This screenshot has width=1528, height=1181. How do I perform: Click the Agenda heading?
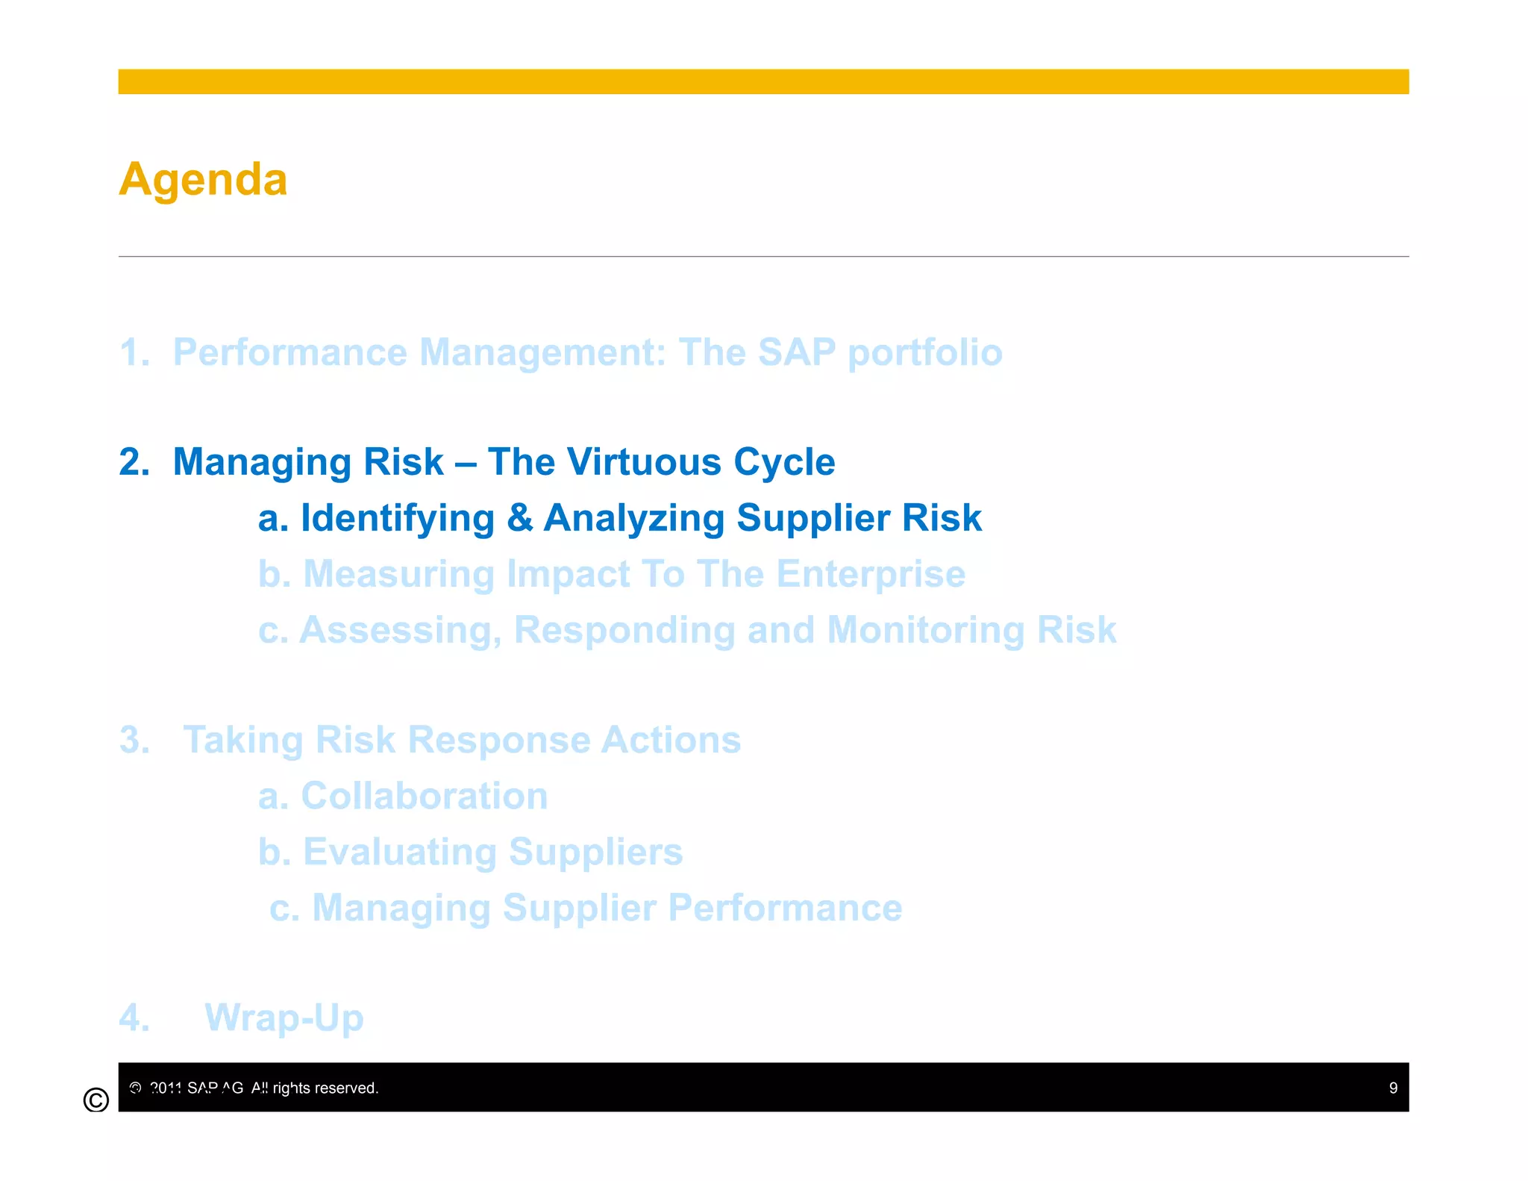click(203, 180)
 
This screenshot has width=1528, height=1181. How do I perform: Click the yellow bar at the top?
click(763, 81)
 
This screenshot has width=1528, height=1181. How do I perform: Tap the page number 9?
click(1392, 1088)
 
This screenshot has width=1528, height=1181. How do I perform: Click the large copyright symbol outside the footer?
click(96, 1100)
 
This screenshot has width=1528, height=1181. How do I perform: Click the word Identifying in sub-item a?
click(398, 518)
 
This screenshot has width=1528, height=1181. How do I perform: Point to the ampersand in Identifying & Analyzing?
click(519, 518)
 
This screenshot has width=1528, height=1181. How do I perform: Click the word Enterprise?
click(870, 574)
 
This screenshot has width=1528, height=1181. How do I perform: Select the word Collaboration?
click(424, 796)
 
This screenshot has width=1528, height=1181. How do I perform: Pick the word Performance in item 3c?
click(785, 908)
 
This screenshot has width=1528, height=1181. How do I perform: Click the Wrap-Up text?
click(284, 1018)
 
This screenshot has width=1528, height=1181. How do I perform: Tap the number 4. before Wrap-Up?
click(134, 1018)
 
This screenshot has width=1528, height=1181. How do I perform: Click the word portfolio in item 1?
click(925, 352)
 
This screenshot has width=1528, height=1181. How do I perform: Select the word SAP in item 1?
click(796, 352)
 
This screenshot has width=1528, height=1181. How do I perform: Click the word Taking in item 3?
click(242, 740)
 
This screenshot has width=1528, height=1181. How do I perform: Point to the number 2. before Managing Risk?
click(134, 461)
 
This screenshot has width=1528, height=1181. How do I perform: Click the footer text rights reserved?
click(325, 1088)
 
